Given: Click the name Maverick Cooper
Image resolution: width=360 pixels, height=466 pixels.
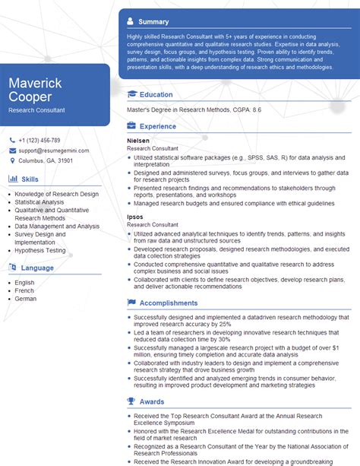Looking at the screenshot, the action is coord(36,89).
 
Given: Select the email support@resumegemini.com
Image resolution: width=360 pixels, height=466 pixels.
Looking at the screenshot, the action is coord(54,151).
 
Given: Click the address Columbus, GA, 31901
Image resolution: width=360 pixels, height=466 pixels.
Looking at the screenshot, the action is coord(46,160).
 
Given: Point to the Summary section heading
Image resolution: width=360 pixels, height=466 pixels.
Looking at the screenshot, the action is coord(154,21).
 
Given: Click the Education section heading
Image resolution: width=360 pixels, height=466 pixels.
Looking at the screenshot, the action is coord(156,94).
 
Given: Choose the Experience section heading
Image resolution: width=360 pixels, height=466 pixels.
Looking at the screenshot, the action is coord(158,126).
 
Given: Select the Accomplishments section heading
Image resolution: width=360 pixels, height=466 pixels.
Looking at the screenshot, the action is coord(168,303).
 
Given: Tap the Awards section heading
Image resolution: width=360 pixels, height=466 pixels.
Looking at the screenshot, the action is coord(152,401).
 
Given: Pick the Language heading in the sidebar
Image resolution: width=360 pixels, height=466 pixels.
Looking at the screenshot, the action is coord(37,267).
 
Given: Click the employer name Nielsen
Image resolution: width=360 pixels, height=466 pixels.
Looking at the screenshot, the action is coord(138,141).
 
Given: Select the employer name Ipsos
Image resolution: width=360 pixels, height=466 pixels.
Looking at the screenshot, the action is coord(134,217).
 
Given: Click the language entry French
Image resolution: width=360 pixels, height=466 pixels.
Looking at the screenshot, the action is coord(24,290).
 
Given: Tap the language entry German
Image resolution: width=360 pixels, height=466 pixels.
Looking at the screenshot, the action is coord(25,298).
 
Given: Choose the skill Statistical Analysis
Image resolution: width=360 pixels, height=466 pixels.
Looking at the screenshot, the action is coord(39,202).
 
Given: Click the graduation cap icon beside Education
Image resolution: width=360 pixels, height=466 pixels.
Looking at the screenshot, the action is coord(132,94).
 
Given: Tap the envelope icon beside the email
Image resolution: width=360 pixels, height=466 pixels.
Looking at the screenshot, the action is coord(13,151).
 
